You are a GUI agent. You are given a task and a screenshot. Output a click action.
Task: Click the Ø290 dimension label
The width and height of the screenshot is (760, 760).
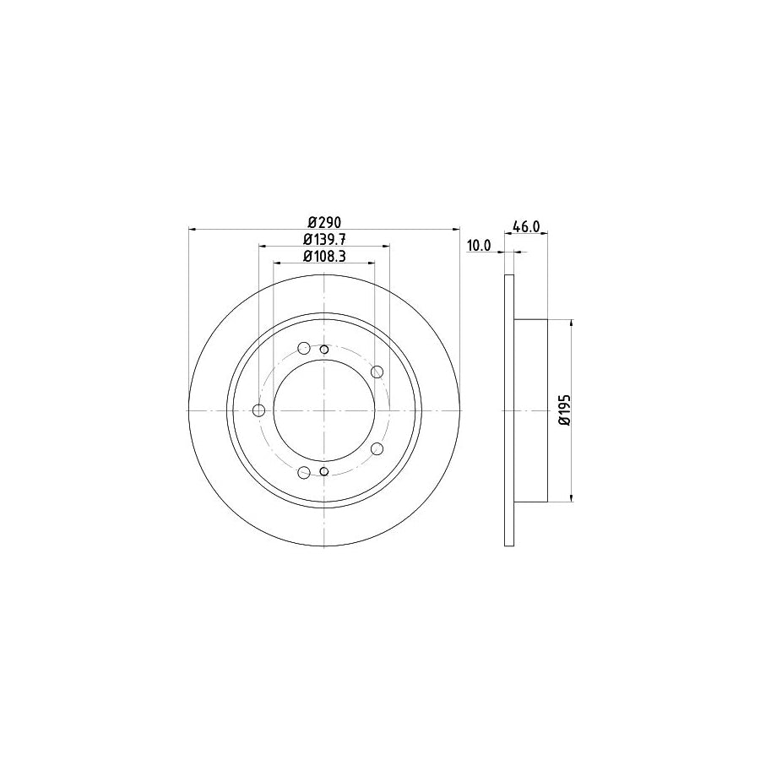pyautogui.click(x=323, y=221)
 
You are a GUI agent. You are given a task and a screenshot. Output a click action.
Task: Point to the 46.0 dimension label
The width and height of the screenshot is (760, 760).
pyautogui.click(x=526, y=227)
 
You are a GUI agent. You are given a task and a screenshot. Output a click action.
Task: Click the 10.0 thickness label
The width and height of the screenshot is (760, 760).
pyautogui.click(x=479, y=246)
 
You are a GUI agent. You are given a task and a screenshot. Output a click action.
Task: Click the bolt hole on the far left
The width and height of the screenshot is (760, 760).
pyautogui.click(x=259, y=410)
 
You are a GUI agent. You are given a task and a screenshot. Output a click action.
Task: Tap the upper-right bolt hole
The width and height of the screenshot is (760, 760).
pyautogui.click(x=377, y=372)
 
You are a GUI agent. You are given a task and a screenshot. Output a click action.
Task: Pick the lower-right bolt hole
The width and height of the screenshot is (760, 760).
pyautogui.click(x=377, y=449)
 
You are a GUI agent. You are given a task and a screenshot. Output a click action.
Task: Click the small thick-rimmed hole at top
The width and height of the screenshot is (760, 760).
pyautogui.click(x=324, y=349)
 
